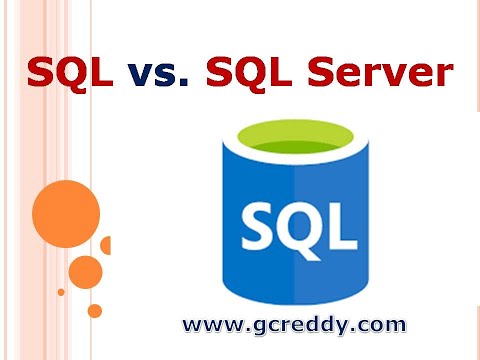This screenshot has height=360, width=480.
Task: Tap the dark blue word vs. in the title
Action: (x=159, y=73)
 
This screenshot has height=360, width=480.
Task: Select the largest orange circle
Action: (x=66, y=210)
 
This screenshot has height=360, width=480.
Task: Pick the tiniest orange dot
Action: (x=61, y=292)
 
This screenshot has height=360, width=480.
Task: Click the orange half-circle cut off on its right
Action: (x=105, y=245)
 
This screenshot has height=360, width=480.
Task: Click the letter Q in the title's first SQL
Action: (x=71, y=74)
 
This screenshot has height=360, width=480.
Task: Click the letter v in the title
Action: (x=142, y=76)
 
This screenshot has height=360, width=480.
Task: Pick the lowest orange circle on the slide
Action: (x=95, y=310)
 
